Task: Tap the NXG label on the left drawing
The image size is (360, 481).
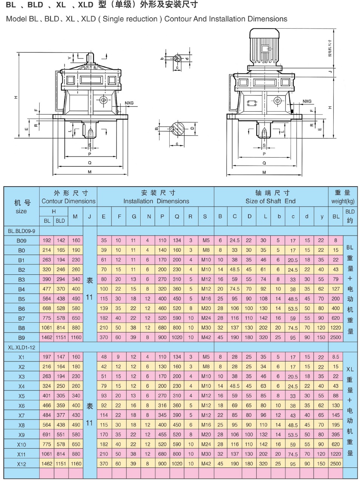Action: coord(129,103)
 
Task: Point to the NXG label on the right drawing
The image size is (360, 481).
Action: coord(307,101)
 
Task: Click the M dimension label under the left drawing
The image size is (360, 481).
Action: coord(90,172)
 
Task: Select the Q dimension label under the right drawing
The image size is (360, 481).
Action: coord(264,163)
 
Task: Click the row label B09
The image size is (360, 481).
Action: coord(21,241)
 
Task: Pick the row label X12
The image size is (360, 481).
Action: coord(21,464)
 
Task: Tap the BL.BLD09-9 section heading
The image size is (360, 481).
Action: coord(21,231)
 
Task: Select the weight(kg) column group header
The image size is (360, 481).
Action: coord(343,201)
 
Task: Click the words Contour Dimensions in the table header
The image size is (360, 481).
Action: coord(69,201)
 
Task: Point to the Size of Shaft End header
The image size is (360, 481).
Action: coord(271,201)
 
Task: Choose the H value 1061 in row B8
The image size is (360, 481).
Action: coord(47,328)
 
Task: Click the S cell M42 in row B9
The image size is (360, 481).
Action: coord(206,337)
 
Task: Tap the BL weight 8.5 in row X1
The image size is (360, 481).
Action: coord(335,357)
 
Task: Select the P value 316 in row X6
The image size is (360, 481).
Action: coord(162,405)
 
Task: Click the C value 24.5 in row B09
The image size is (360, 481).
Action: coord(234,240)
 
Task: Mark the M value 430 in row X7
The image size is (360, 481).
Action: coord(76,415)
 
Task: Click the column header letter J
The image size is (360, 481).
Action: coord(89,217)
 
